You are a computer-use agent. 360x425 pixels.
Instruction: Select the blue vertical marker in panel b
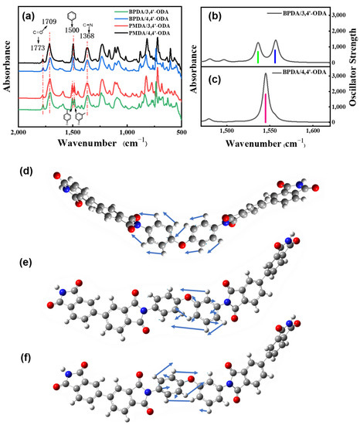pyautogui.click(x=275, y=56)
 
